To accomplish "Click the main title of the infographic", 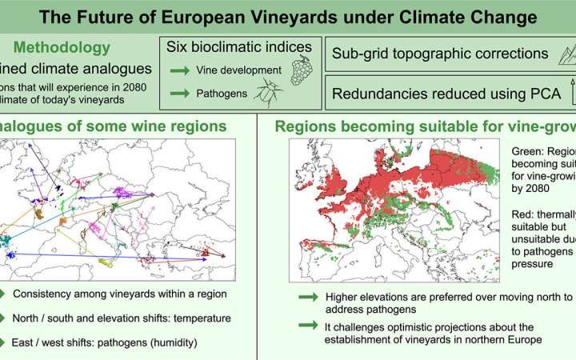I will pos(287,15).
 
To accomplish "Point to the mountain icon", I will pos(565,54).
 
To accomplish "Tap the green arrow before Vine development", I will pos(178,70).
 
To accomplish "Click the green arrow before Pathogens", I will pos(178,94).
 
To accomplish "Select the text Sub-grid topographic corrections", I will pos(439,54).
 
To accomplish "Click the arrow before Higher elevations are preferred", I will pos(307,298).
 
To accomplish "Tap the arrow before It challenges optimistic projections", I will pos(307,324).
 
